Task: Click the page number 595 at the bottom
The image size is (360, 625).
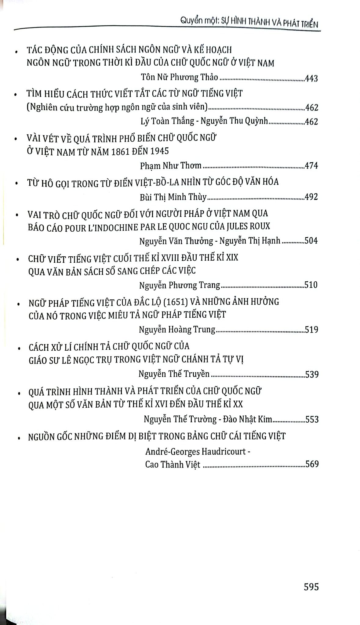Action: pos(311,586)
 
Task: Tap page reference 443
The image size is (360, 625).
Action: pos(311,78)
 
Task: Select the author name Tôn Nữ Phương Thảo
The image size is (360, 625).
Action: pos(180,77)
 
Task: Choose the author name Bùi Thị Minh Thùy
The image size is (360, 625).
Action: pos(173,197)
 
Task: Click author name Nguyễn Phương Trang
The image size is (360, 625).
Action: pos(180,285)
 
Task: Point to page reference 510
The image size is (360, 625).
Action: pos(311,285)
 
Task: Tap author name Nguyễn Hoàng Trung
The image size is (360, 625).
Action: pos(177,330)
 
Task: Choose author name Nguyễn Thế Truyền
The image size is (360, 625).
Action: pos(174,374)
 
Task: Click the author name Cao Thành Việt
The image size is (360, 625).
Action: pos(173,464)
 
